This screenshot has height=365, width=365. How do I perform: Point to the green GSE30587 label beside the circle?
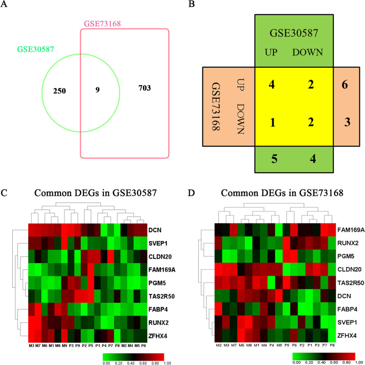tap(34, 49)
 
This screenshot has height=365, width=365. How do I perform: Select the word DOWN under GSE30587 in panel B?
tap(307, 52)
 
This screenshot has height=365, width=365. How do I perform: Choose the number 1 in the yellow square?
tap(274, 123)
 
